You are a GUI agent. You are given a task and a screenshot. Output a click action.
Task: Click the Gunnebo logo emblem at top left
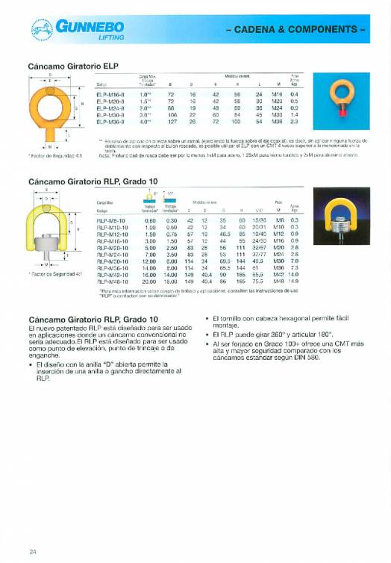pyautogui.click(x=40, y=28)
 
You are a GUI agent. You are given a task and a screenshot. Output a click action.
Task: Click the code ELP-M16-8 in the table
pyautogui.click(x=110, y=95)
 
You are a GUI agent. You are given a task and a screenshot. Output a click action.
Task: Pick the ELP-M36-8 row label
pyautogui.click(x=110, y=121)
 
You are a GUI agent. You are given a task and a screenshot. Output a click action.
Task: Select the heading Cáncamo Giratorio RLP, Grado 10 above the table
pyautogui.click(x=91, y=181)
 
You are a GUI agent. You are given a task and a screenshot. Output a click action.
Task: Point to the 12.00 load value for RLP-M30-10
pyautogui.click(x=150, y=261)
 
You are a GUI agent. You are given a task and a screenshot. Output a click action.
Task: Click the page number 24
pyautogui.click(x=33, y=552)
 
